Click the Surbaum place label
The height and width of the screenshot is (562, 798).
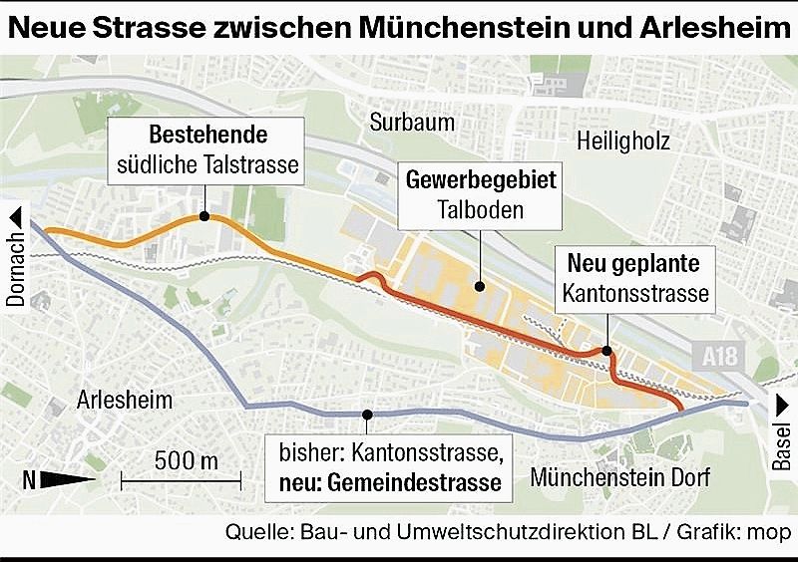(411, 123)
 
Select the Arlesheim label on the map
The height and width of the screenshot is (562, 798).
(124, 401)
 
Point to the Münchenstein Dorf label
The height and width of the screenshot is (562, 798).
(619, 477)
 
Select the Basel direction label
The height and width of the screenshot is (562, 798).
(782, 439)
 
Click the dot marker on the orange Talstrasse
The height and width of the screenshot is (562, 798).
(202, 215)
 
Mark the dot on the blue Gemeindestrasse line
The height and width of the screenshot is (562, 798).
(367, 415)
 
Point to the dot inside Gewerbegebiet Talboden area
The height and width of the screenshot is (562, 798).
(480, 287)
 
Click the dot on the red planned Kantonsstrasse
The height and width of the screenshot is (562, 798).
(606, 350)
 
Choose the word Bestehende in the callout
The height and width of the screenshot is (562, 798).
(207, 136)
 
